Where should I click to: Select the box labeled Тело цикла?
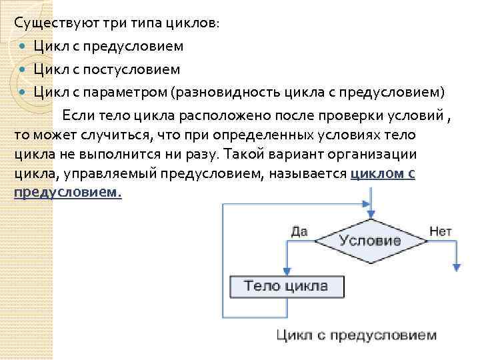[287, 287]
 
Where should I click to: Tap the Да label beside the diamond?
[299, 231]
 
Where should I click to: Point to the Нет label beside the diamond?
[441, 231]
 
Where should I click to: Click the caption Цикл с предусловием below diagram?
[357, 335]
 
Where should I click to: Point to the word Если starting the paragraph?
[79, 115]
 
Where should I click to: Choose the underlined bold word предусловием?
[67, 193]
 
